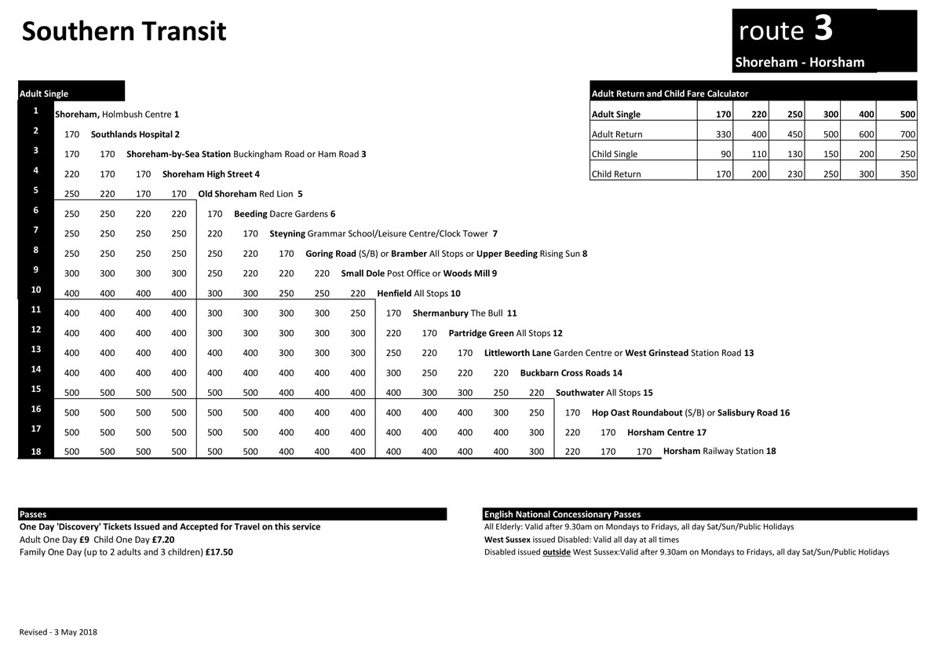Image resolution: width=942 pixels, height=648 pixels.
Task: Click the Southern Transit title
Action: tap(124, 31)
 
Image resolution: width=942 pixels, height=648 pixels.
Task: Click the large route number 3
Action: tap(823, 29)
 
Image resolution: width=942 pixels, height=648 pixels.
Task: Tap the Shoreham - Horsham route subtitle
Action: tap(799, 63)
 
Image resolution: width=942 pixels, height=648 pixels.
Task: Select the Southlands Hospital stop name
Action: tap(135, 134)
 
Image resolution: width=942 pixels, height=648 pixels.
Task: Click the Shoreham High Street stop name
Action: tap(210, 174)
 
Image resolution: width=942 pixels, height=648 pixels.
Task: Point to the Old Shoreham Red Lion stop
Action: tap(250, 193)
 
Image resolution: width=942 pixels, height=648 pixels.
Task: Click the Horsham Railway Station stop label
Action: tap(719, 452)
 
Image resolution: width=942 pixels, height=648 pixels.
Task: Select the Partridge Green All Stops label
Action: tap(505, 333)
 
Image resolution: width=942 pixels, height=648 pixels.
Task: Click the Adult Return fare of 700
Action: tap(907, 134)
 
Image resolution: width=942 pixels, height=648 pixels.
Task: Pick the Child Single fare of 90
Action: tap(725, 154)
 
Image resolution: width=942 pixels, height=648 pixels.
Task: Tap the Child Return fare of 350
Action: tap(907, 174)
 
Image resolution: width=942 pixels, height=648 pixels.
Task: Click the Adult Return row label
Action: tap(617, 134)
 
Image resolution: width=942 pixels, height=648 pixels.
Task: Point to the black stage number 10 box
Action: tap(36, 290)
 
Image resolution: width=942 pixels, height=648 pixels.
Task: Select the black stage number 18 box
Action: tap(36, 451)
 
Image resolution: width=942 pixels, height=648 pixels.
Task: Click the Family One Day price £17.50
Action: tap(219, 552)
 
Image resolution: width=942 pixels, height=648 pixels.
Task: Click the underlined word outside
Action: tap(556, 552)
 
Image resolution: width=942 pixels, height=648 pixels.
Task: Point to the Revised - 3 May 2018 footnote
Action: tap(58, 632)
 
